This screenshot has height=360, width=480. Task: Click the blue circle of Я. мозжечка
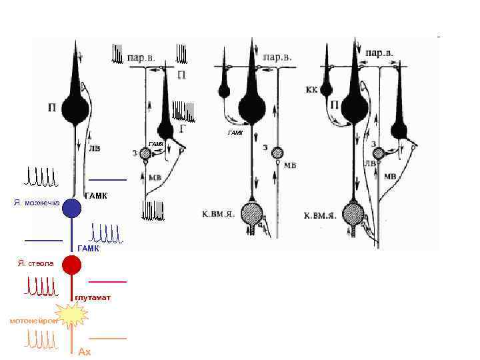[71, 208]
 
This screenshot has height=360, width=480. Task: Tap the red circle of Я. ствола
[71, 265]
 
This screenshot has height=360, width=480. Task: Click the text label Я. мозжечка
[37, 202]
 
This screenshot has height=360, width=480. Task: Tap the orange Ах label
[84, 351]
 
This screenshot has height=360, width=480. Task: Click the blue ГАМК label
[88, 248]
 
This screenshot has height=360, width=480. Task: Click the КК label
[311, 88]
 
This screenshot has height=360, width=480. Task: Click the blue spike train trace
[105, 233]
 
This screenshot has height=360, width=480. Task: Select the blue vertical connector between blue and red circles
[71, 237]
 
